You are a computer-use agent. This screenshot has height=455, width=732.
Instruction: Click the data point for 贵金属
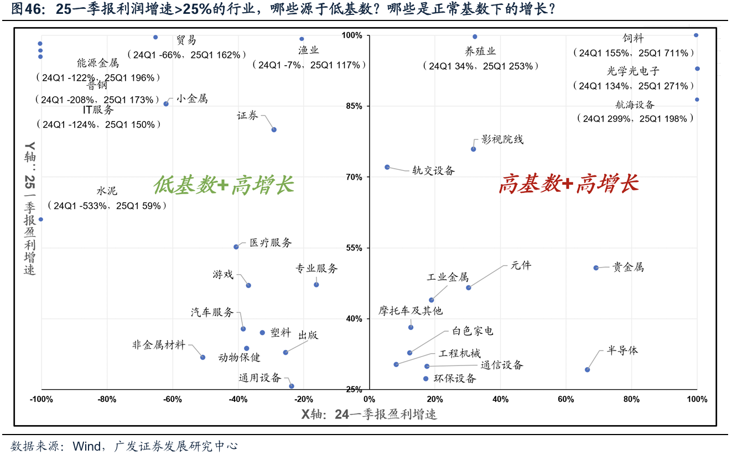click(x=596, y=268)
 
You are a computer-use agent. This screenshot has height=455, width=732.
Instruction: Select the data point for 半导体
click(x=587, y=370)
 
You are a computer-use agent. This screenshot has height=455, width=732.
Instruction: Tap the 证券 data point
click(x=274, y=129)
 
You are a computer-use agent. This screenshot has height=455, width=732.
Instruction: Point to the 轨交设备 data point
click(x=387, y=167)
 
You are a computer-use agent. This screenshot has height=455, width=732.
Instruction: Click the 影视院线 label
click(x=502, y=139)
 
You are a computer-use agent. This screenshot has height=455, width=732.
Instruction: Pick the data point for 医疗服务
click(x=236, y=247)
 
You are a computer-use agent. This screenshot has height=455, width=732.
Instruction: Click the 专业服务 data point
click(x=316, y=285)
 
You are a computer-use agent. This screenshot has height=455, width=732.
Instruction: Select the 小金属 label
click(x=192, y=99)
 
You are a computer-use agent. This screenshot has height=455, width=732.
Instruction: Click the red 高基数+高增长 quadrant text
click(x=568, y=184)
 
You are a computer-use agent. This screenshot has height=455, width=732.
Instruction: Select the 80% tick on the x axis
click(x=631, y=400)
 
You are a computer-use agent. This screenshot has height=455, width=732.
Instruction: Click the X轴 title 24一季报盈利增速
click(x=368, y=414)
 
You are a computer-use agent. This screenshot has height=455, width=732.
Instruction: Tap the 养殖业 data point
click(x=475, y=37)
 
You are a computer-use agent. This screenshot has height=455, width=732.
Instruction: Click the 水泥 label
click(x=107, y=191)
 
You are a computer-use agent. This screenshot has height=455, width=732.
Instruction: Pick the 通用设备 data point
click(x=292, y=386)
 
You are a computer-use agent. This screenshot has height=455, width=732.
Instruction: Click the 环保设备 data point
click(x=425, y=379)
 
